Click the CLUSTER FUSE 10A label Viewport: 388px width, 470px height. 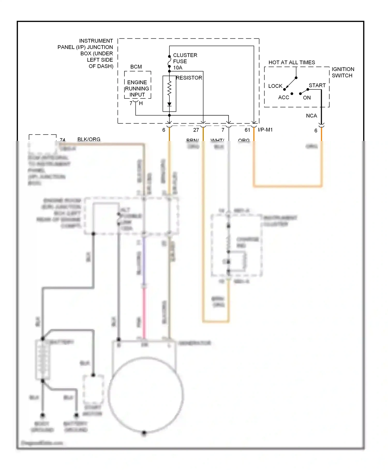click(185, 61)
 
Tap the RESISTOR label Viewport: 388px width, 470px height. click(189, 78)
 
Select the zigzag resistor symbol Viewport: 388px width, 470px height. click(169, 89)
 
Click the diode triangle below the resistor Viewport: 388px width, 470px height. click(169, 104)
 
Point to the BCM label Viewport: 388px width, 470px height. click(136, 67)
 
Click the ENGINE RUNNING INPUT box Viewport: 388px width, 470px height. click(137, 88)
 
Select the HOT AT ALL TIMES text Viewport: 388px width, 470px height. click(292, 62)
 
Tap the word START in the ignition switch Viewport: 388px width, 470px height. click(317, 86)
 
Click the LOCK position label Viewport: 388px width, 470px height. click(275, 86)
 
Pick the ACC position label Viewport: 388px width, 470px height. click(283, 97)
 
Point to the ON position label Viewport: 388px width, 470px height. click(307, 98)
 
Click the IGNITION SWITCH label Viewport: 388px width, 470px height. click(342, 72)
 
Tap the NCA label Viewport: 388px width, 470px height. click(311, 116)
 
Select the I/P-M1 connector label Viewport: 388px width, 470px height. click(265, 130)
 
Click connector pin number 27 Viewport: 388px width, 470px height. click(196, 130)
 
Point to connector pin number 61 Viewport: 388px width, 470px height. click(247, 130)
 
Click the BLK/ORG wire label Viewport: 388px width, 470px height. click(89, 139)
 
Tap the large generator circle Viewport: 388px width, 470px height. click(146, 395)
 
